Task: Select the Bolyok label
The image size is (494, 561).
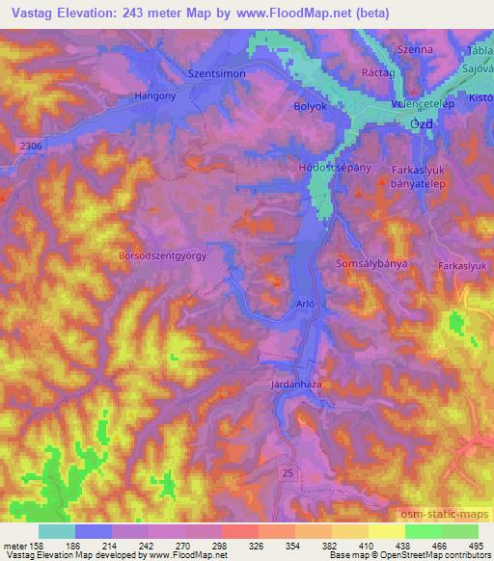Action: [x=311, y=108]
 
